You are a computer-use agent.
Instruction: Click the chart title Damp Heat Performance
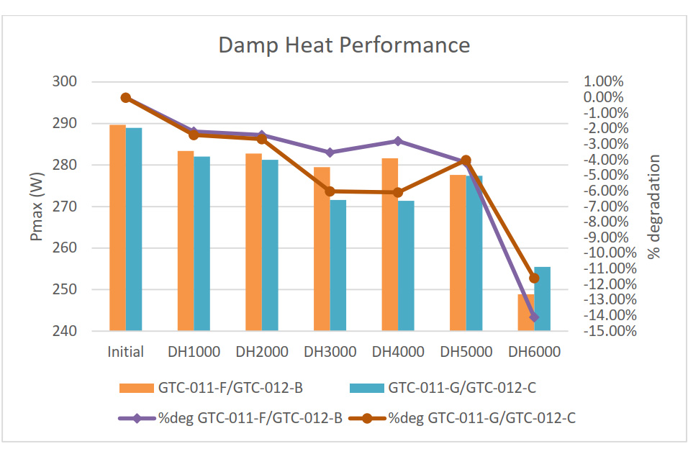click(x=344, y=45)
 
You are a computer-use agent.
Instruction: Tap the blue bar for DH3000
click(x=338, y=265)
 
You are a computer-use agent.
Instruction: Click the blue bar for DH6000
click(x=542, y=299)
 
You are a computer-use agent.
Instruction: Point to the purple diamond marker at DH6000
click(x=534, y=317)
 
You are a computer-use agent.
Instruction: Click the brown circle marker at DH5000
click(x=466, y=160)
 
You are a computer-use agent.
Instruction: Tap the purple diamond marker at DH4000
click(x=397, y=141)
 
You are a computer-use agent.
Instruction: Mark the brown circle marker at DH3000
click(x=330, y=191)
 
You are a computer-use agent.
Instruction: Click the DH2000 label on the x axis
click(x=262, y=352)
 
